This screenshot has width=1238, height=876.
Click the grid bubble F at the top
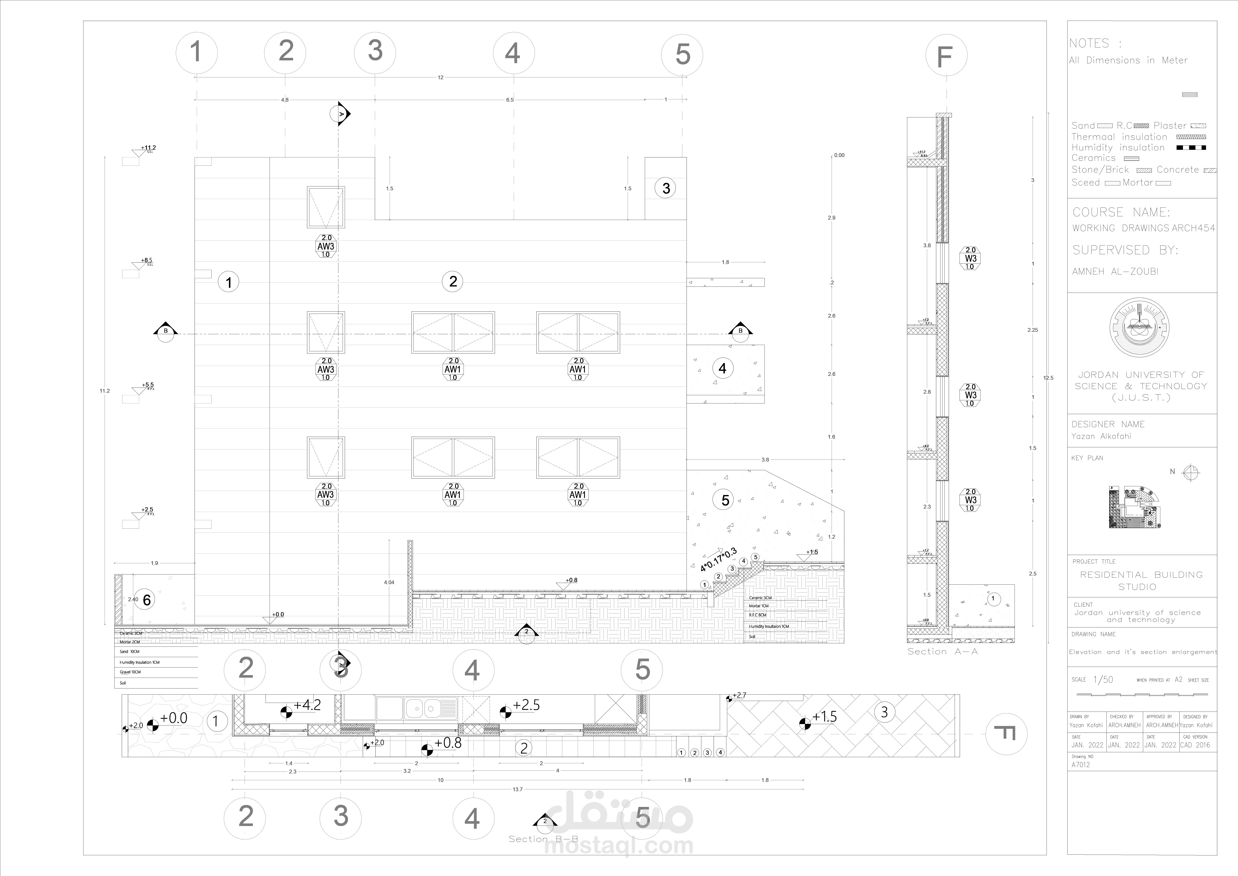point(946,56)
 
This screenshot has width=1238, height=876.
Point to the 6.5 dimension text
point(510,100)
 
